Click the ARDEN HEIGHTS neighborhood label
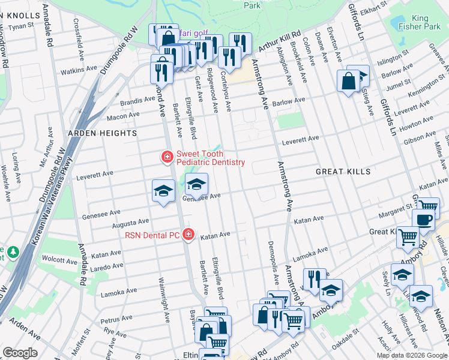[102, 133]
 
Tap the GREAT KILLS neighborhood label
[343, 172]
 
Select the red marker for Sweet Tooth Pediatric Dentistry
[167, 157]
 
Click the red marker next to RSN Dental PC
[188, 234]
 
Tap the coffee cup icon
[424, 220]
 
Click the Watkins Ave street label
[79, 70]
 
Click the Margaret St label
[394, 215]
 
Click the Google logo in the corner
[20, 353]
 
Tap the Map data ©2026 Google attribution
[411, 355]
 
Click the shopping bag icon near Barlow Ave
[348, 80]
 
